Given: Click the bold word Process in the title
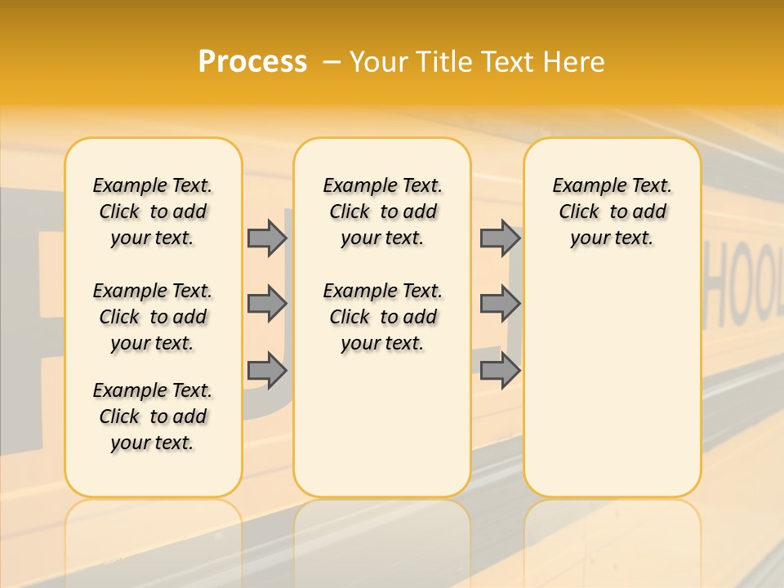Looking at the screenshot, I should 252,61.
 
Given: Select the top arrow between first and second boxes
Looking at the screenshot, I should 267,238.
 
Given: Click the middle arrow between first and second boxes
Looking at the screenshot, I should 267,304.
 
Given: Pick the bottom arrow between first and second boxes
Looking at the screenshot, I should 267,371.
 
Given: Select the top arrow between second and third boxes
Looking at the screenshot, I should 500,238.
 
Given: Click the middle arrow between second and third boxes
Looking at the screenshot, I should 500,304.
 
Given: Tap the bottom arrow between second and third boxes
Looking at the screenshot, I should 500,371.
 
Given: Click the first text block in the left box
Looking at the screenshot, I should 153,212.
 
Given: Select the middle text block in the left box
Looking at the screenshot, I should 153,317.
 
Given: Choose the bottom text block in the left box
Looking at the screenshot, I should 153,416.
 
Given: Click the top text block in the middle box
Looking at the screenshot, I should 382,212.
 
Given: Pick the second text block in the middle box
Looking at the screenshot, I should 382,317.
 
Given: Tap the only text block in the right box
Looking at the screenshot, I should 612,212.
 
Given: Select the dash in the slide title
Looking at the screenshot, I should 332,63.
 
